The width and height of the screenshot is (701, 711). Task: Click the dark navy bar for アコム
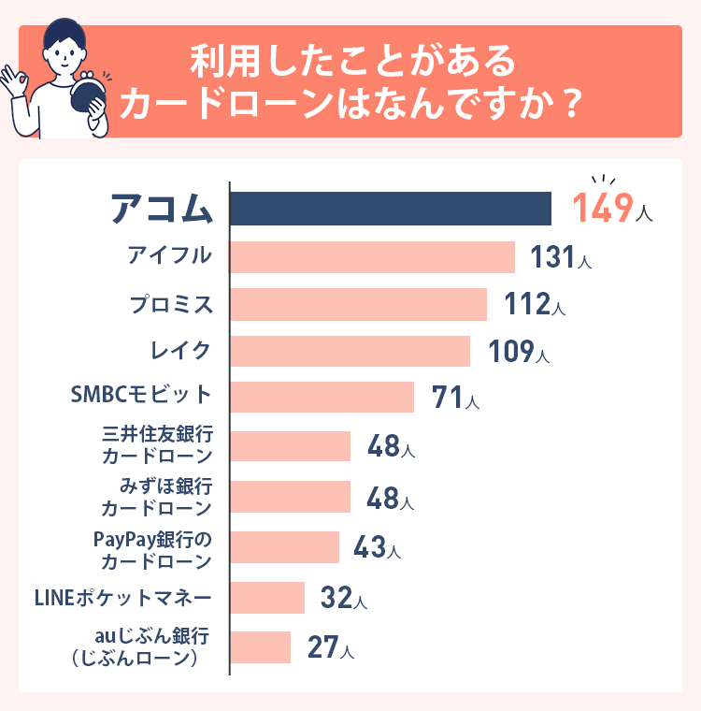coord(391,209)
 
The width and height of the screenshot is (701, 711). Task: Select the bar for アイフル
coord(372,257)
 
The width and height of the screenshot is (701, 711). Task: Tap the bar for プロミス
coord(358,305)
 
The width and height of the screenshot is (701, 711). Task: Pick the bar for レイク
coord(350,352)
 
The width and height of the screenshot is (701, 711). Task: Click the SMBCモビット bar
coord(322,397)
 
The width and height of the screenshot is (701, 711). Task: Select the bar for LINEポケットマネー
coord(267,598)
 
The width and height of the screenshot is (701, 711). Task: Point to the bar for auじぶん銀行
coord(261,647)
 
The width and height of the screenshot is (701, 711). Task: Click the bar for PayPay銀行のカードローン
coord(284,547)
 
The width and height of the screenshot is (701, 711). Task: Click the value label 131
coord(551,257)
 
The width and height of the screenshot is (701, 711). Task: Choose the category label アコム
coord(162,209)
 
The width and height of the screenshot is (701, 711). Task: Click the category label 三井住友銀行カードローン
coord(156,446)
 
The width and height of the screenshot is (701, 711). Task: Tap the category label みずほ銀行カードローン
coord(156,497)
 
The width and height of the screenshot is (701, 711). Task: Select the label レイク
coord(180,351)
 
